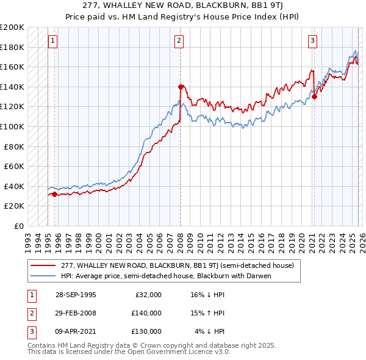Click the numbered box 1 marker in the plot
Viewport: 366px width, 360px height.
(x=53, y=41)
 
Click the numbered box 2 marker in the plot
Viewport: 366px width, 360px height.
(x=179, y=41)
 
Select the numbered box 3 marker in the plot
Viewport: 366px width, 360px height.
(x=312, y=41)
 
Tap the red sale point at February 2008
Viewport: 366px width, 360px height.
(x=181, y=87)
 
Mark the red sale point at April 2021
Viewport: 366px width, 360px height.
(x=315, y=96)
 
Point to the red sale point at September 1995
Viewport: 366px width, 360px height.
(x=55, y=194)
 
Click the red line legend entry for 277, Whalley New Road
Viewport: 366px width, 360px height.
(x=177, y=265)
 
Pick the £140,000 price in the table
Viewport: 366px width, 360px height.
(x=146, y=313)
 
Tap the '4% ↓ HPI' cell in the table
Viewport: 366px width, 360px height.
(x=210, y=331)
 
